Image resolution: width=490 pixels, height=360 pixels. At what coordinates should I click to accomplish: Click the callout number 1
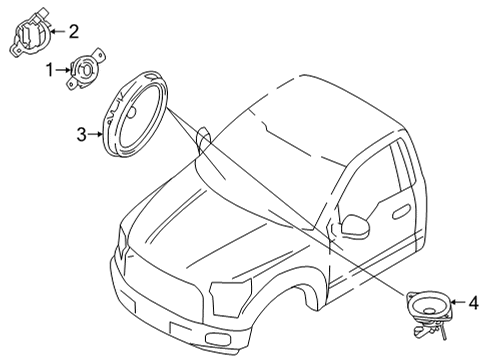pos(50,70)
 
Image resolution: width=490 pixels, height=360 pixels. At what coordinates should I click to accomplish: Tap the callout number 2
pos(73,32)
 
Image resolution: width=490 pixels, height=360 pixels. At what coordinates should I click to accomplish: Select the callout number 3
pos(82,134)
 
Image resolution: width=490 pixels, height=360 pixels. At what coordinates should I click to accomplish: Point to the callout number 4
pos(473,303)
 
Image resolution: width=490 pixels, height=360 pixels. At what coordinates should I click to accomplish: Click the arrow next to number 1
pos(63,70)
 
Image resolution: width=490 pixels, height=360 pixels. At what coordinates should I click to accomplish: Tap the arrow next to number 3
pos(95,134)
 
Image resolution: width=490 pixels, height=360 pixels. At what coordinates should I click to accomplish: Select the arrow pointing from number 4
pos(458,302)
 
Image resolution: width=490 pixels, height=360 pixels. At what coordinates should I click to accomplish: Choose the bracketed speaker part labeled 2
pos(30,33)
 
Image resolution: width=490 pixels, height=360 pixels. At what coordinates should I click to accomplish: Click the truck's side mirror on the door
pos(356,227)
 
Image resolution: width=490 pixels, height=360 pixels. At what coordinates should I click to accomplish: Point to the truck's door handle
pos(401,212)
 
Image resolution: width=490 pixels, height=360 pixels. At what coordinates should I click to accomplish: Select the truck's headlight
pos(230,298)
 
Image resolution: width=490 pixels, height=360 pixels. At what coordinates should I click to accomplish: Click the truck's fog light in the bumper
pos(218,338)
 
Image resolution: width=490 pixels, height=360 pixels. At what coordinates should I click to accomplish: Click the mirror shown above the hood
pos(203,139)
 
